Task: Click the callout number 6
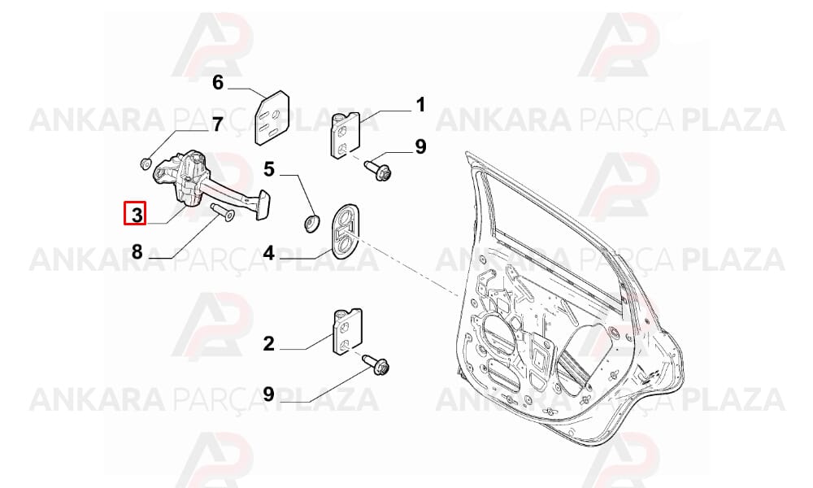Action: click(218, 82)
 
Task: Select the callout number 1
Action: click(420, 105)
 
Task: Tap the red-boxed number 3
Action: click(136, 214)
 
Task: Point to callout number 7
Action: click(217, 124)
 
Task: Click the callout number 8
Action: click(137, 252)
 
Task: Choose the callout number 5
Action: click(268, 169)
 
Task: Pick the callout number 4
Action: click(268, 253)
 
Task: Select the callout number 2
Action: click(268, 344)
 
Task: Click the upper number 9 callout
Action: click(420, 146)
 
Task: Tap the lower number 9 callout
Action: click(268, 394)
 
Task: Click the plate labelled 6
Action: click(272, 117)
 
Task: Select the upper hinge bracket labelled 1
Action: click(346, 135)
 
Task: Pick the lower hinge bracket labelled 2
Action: click(347, 332)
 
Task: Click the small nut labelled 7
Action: click(146, 163)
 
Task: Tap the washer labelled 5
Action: click(311, 223)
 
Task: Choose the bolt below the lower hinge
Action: click(376, 364)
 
